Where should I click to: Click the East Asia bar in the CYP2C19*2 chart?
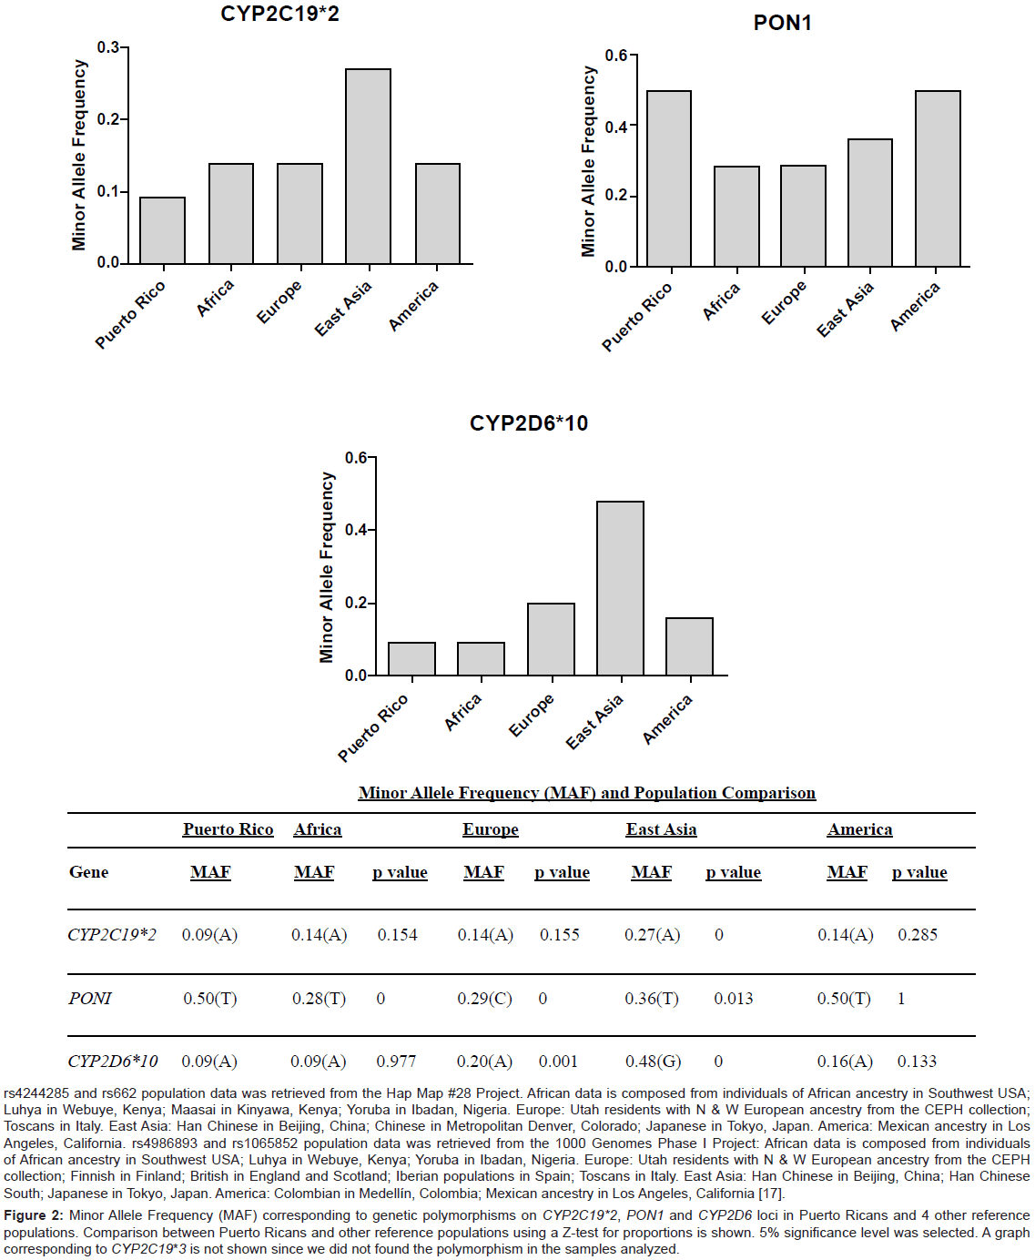tap(368, 167)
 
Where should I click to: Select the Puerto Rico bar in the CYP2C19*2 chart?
tap(162, 230)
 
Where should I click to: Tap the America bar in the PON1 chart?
tap(938, 178)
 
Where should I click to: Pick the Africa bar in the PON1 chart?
tap(736, 217)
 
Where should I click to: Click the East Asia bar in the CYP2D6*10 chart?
tap(620, 588)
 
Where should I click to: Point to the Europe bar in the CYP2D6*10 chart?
tap(551, 639)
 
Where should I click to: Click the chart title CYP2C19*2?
tap(279, 14)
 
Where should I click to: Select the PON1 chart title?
tap(782, 23)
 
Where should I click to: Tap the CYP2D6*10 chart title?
tap(528, 423)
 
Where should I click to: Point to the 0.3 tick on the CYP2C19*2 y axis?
tap(108, 47)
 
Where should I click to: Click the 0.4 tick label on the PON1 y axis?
tap(616, 127)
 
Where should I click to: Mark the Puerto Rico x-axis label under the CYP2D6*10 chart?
tap(373, 727)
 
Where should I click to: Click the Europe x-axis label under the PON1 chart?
tap(784, 302)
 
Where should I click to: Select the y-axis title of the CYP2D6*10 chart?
tap(327, 566)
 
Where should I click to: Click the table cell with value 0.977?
tap(396, 1062)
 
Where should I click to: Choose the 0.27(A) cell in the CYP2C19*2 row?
tap(652, 935)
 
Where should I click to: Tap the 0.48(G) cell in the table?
tap(653, 1062)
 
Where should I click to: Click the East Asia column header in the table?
tap(661, 829)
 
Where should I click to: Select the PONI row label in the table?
tap(90, 999)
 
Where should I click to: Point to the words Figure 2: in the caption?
tap(34, 1215)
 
